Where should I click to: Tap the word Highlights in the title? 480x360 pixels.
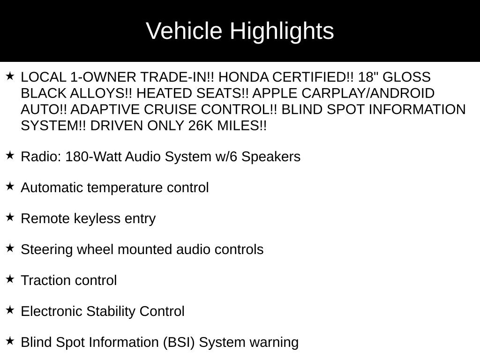(x=282, y=31)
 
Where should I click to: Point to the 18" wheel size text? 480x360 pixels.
(x=367, y=77)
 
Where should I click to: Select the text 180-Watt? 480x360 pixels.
(x=93, y=157)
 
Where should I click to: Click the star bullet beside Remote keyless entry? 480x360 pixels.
(x=10, y=217)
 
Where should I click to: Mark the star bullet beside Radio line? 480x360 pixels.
(x=10, y=156)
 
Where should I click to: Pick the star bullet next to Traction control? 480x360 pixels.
(x=10, y=279)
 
